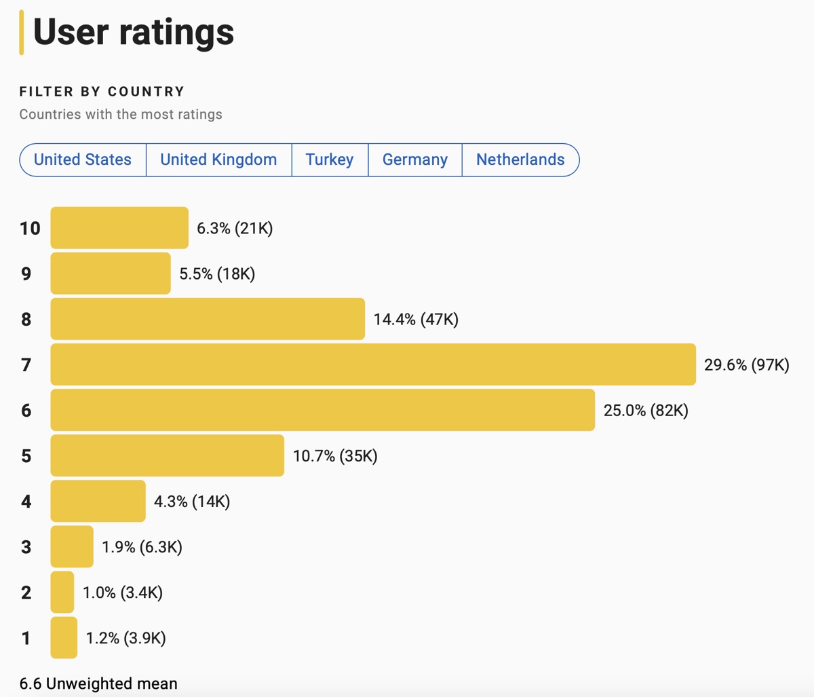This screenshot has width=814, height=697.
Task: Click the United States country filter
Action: click(x=83, y=159)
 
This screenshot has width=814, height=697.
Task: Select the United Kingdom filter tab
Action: click(x=218, y=159)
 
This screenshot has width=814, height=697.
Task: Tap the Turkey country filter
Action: click(x=330, y=159)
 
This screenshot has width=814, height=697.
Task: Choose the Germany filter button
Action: click(x=414, y=159)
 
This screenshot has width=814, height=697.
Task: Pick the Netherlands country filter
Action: click(x=520, y=159)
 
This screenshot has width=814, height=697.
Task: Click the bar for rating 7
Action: click(x=373, y=364)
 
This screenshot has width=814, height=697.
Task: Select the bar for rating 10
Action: click(x=119, y=228)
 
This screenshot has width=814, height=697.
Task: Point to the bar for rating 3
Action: click(x=72, y=546)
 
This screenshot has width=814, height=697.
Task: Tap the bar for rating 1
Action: click(x=64, y=637)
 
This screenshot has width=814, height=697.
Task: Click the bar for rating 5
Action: click(x=167, y=455)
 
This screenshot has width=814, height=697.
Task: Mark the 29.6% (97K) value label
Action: click(x=746, y=365)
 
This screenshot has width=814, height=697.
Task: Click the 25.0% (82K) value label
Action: click(x=646, y=411)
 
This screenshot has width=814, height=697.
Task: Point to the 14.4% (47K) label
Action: click(x=416, y=320)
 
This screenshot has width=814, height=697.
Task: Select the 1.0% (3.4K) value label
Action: click(x=123, y=592)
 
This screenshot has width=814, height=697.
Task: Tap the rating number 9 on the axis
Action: click(x=26, y=274)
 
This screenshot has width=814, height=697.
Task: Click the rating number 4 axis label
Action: click(x=26, y=502)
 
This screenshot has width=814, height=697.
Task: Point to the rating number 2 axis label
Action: click(x=26, y=592)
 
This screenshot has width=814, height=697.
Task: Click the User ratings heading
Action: click(x=134, y=32)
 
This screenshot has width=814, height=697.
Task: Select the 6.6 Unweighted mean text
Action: click(x=98, y=683)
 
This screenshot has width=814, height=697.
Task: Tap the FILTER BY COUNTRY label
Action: click(x=102, y=92)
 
